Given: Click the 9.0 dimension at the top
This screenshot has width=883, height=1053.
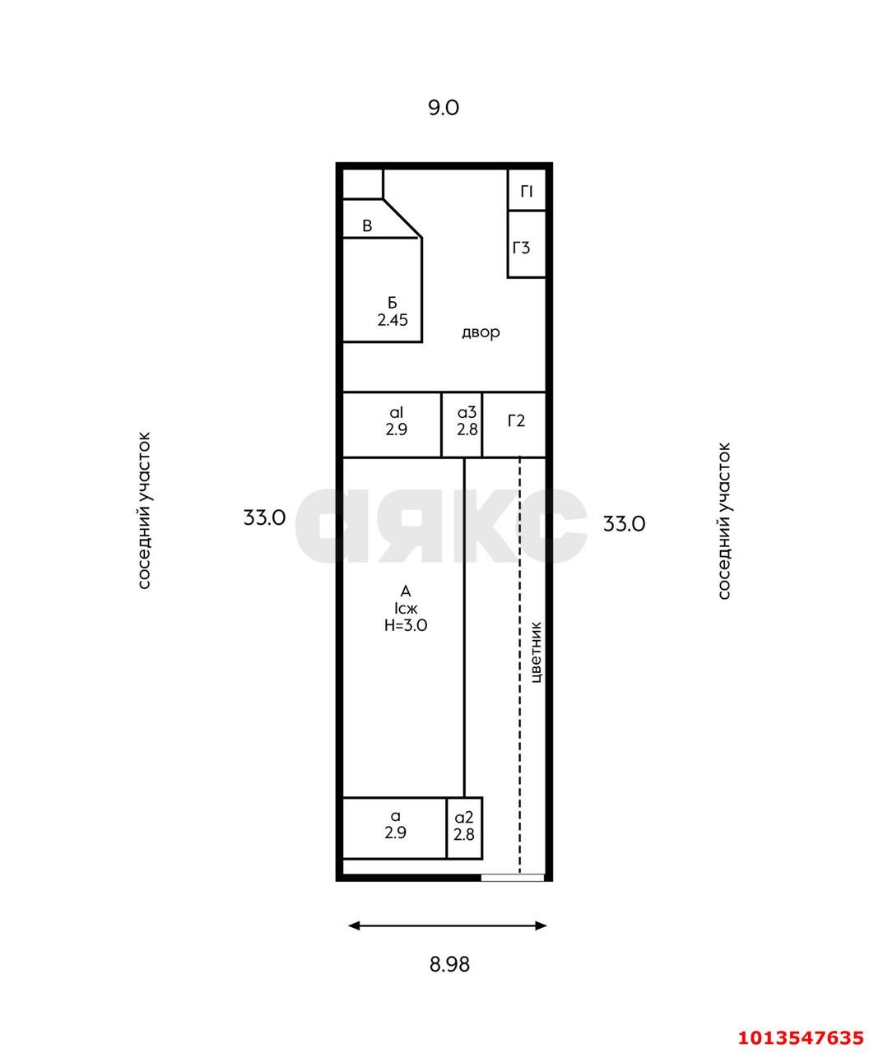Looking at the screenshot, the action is click(444, 108).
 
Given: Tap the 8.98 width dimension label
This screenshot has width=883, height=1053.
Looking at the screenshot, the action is click(449, 964).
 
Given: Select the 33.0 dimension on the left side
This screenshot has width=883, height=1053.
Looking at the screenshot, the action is click(264, 518).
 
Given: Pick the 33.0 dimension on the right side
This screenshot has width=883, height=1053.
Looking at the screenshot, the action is click(624, 525).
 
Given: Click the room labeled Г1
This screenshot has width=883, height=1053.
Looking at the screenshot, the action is click(527, 189).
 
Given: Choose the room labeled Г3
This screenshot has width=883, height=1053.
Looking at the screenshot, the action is click(527, 244).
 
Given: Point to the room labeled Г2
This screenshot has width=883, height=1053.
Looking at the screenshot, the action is click(514, 425).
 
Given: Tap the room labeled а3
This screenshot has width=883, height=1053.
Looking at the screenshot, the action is click(462, 425).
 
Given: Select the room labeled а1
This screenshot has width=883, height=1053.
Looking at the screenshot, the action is click(392, 425).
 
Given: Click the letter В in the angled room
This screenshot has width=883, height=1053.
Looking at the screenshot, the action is click(367, 226).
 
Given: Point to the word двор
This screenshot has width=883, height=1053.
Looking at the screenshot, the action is click(481, 332).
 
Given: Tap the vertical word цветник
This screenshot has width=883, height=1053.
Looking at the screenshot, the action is click(536, 652).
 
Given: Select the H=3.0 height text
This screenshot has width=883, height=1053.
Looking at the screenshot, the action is click(406, 625).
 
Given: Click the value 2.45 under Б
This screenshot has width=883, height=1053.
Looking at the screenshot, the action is click(393, 320).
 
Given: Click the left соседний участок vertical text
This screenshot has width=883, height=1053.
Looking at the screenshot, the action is click(145, 510).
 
